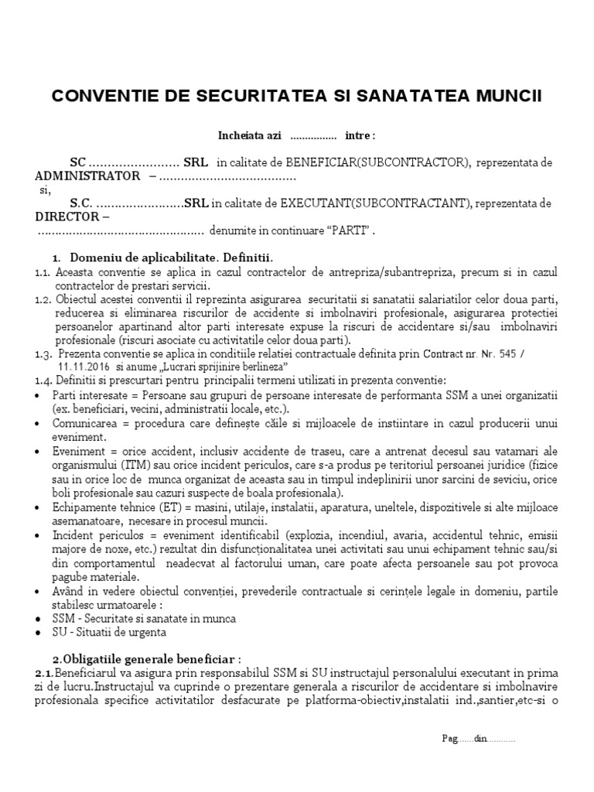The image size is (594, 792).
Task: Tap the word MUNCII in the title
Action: pos(506,96)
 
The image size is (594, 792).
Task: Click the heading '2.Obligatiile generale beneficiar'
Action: pos(146,659)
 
